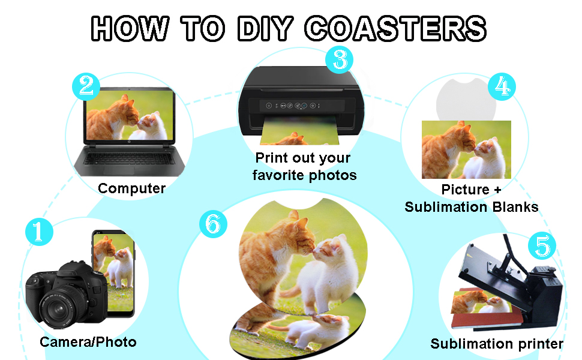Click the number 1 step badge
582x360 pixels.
39,232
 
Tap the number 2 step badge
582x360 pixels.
86,86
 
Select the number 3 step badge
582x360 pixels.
339,60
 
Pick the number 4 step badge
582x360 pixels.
502,86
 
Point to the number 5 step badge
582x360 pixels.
542,245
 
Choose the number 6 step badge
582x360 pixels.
213,224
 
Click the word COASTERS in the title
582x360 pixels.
395,29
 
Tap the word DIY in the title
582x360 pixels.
265,29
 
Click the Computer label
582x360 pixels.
132,188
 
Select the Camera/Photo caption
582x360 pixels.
88,342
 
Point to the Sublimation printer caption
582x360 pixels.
497,344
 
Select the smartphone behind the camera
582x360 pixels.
113,273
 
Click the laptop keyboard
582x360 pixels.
129,158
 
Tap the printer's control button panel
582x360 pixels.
293,106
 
